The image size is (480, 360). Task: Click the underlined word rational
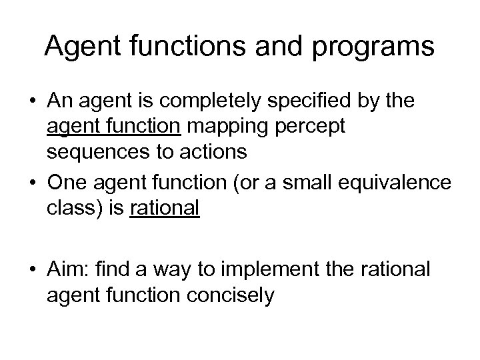click(x=165, y=209)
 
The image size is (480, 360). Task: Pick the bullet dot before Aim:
click(x=33, y=271)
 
